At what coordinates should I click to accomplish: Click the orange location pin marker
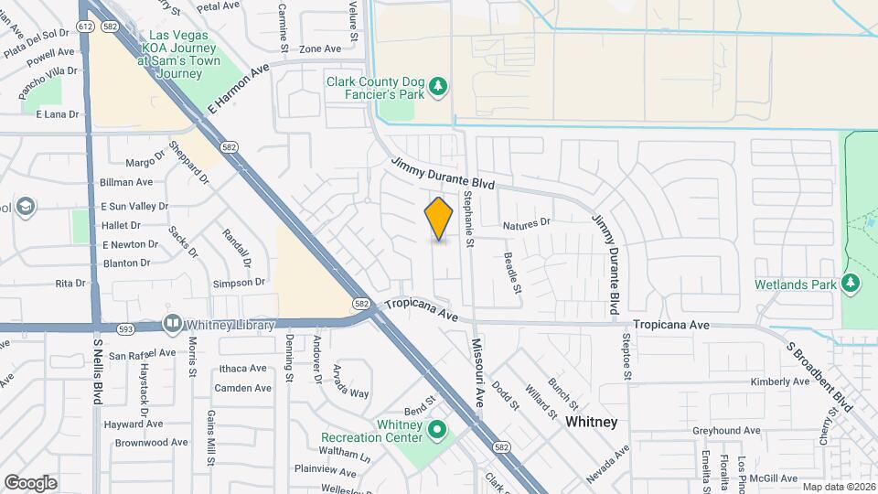pos(439,219)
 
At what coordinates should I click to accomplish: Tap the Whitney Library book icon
pos(171,324)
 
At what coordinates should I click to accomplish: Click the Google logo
pos(30,482)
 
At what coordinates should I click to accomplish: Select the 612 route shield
pos(85,27)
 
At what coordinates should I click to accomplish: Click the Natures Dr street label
pos(528,222)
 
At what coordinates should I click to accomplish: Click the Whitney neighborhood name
pos(591,422)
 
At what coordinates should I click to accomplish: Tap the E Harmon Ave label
pos(239,89)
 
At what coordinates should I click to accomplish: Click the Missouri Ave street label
pos(476,372)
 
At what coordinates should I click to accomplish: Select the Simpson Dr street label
pos(239,283)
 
